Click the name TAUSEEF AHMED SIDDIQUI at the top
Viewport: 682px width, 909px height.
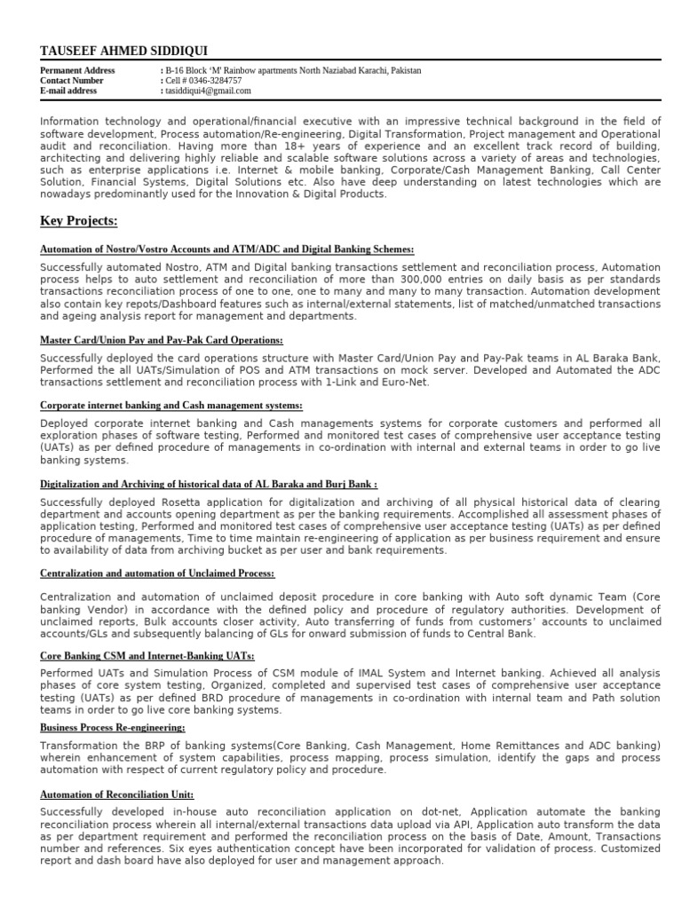click(124, 51)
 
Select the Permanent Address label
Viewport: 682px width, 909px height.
click(75, 70)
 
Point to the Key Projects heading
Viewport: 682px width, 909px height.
click(79, 220)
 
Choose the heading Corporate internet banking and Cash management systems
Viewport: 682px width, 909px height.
click(171, 406)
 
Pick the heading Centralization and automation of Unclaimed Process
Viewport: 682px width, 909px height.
click(157, 574)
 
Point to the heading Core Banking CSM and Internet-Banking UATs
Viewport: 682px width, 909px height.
click(147, 656)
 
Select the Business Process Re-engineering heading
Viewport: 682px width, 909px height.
click(112, 727)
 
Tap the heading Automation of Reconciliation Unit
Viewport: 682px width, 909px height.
click(116, 794)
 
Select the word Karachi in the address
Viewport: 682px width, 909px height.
click(370, 70)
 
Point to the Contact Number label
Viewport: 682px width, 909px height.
click(72, 81)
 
